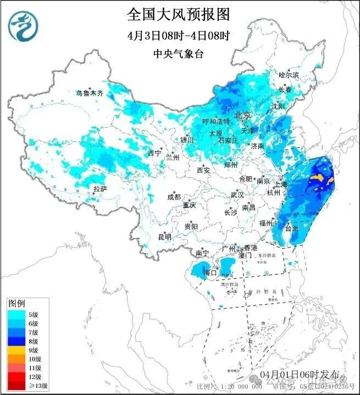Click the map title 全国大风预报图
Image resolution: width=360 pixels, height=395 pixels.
[x=178, y=13]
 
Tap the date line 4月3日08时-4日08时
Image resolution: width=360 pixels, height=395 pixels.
[x=178, y=35]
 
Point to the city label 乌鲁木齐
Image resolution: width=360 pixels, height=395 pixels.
[x=89, y=94]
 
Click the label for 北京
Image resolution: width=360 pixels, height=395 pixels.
[x=242, y=115]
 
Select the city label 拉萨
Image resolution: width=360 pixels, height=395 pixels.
[x=100, y=189]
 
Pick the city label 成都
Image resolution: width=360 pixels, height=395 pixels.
[x=174, y=197]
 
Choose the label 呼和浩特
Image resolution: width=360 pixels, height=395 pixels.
[x=216, y=122]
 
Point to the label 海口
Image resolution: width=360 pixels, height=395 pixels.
[x=210, y=272]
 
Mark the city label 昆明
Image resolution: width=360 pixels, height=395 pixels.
[x=164, y=237]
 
